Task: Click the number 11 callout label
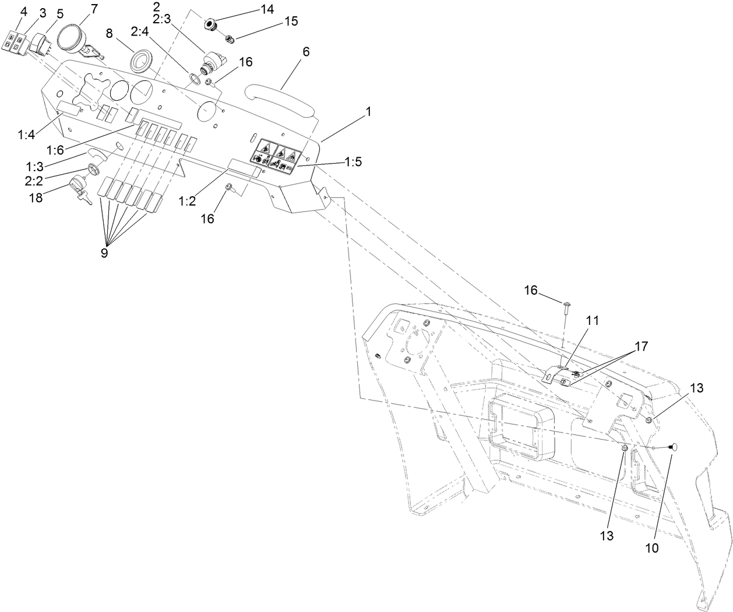click(x=592, y=320)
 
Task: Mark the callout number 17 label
click(x=640, y=346)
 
